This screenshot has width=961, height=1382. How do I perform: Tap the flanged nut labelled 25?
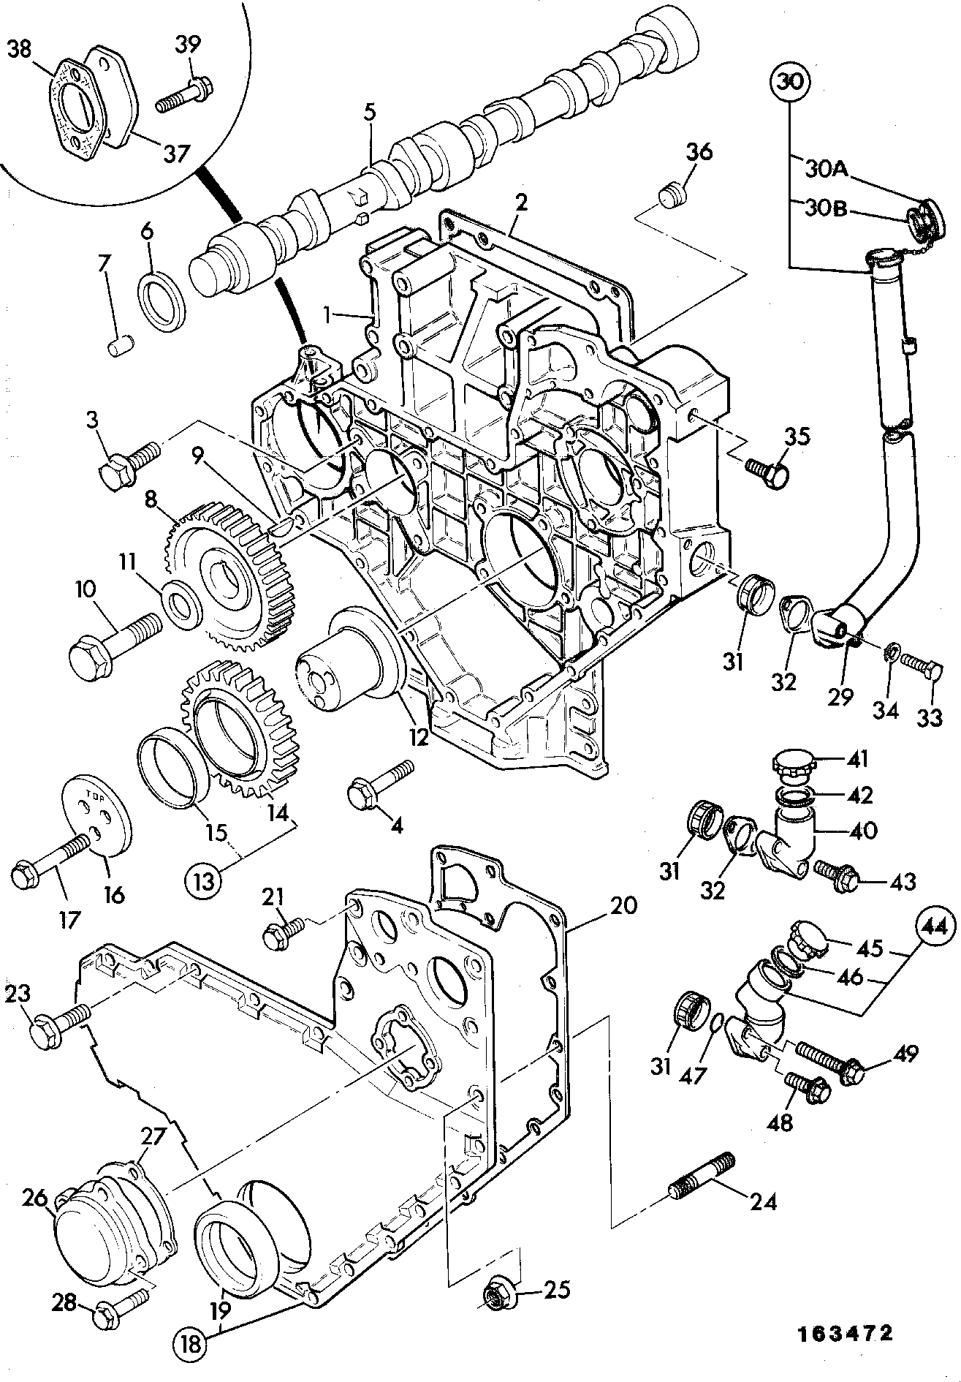point(499,1296)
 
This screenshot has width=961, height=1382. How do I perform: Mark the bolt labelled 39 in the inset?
point(183,94)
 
